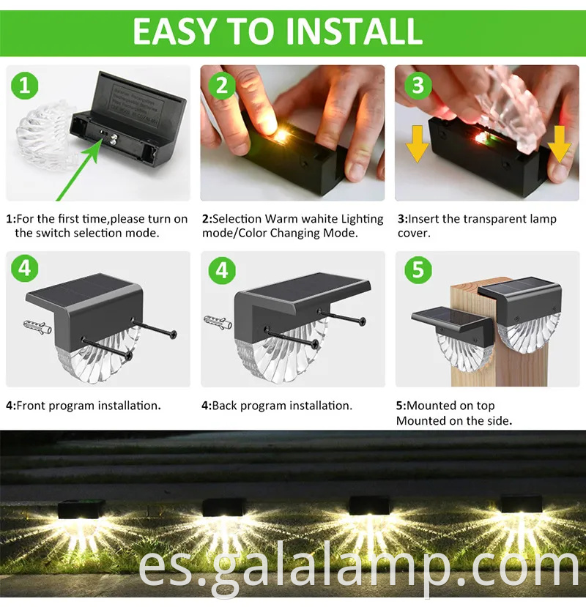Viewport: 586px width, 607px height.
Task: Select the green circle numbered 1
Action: pos(24,86)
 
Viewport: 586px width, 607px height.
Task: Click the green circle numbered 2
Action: pos(220,86)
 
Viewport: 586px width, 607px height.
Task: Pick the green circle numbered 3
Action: pos(417,86)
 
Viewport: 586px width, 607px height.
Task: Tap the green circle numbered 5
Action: pos(417,270)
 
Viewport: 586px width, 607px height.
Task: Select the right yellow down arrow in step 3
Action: pos(560,144)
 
